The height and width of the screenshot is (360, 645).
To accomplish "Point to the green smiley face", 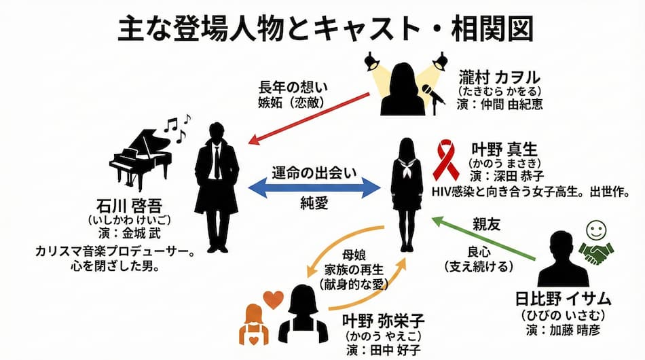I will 595,229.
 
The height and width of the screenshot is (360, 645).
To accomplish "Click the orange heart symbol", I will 274,300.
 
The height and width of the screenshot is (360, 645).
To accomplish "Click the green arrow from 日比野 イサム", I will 486,238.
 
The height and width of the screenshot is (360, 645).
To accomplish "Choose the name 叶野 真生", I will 505,149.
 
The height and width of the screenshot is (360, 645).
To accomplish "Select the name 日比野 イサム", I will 564,299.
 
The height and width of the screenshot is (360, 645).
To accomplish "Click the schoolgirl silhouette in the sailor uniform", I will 407,194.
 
